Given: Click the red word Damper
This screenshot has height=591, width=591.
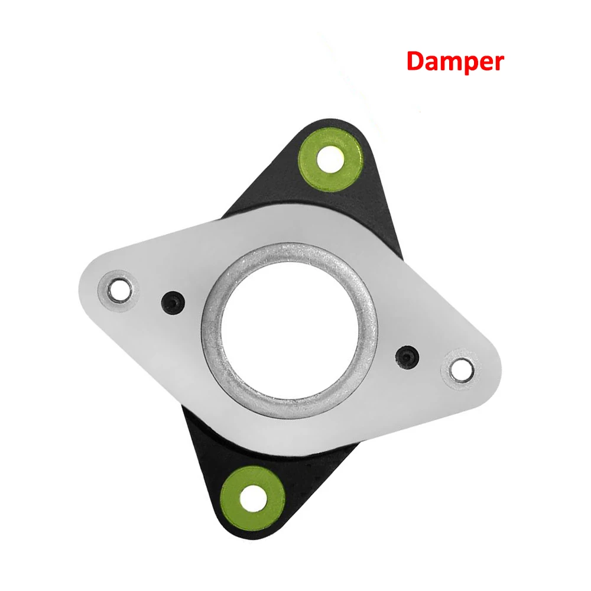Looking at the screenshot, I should click(x=455, y=61).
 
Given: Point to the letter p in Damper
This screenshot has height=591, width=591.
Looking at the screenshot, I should click(x=469, y=64).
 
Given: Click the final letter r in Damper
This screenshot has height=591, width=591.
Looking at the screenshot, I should click(x=498, y=63).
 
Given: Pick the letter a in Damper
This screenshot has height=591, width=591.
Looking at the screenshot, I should click(x=431, y=63).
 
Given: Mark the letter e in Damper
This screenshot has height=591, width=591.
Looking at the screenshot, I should click(x=485, y=63).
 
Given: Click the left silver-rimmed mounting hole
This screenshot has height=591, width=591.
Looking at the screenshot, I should click(x=122, y=290).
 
